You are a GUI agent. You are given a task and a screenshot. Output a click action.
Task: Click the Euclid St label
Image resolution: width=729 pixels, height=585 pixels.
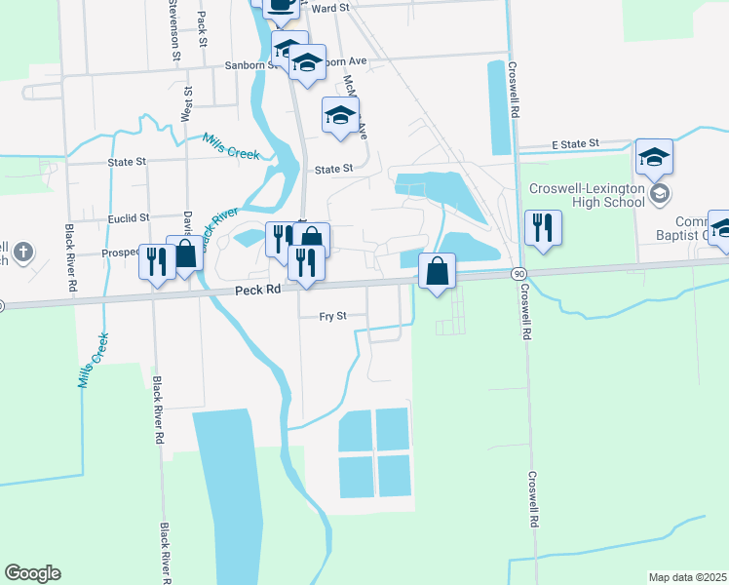(129, 218)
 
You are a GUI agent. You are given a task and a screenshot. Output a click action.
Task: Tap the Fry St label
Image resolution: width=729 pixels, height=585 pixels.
(333, 317)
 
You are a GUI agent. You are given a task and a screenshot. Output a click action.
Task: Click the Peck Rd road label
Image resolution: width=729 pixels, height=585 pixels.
(257, 291)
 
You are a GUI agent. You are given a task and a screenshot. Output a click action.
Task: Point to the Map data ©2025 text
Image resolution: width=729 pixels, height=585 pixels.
(686, 577)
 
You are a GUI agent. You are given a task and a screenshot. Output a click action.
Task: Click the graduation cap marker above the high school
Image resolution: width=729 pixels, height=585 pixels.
(654, 157)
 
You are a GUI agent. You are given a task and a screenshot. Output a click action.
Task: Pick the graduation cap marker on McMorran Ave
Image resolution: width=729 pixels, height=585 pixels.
(340, 116)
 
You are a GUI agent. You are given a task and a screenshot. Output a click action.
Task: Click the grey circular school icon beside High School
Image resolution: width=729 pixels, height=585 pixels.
(661, 193)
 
